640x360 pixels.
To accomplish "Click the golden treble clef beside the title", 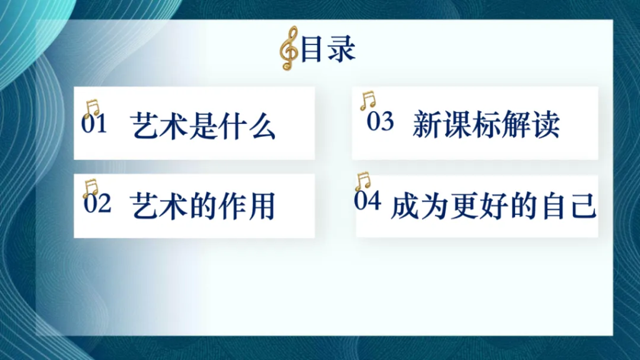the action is click(x=289, y=48).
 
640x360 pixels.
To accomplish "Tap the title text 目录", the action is click(x=327, y=49).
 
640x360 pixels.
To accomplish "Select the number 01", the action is click(x=94, y=124).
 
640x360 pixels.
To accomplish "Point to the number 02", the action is click(x=97, y=203).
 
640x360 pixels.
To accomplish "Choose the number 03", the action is click(x=380, y=121).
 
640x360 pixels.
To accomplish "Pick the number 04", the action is click(x=367, y=201).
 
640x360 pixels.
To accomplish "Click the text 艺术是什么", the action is click(x=203, y=125).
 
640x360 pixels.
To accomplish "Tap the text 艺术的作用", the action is click(x=202, y=206).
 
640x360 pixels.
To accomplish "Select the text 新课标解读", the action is click(x=486, y=124).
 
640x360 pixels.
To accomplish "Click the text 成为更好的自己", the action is click(x=494, y=206).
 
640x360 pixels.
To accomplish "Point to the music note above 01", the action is click(x=92, y=108).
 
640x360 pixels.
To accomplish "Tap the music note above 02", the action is click(x=90, y=188).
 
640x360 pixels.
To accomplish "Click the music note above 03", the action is click(x=367, y=101).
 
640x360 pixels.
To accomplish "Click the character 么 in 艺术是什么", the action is click(x=262, y=125).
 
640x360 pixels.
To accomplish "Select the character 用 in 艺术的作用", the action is click(x=262, y=206).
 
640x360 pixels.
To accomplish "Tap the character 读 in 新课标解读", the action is click(x=545, y=124).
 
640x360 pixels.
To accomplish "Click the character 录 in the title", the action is click(x=342, y=49).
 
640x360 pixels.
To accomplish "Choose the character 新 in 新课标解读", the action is click(x=426, y=124).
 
